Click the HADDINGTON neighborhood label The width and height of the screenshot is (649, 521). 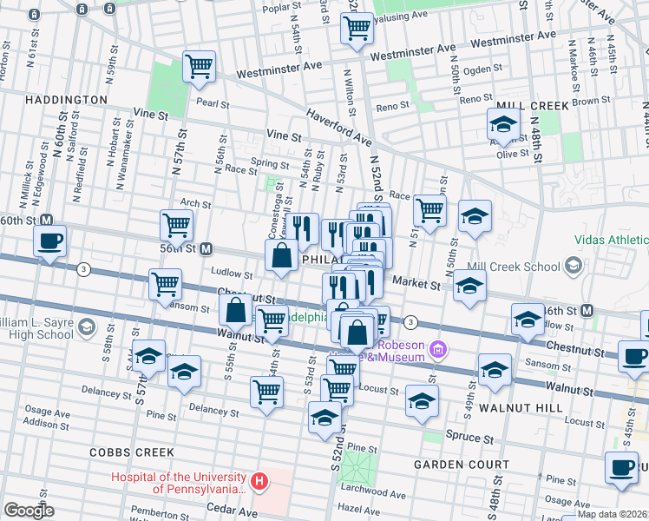[x=54, y=100]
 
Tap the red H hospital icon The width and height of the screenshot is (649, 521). [x=258, y=480]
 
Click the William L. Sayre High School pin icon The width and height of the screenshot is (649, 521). [x=85, y=326]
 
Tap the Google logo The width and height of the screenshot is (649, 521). [x=29, y=510]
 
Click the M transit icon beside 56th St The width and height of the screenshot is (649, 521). [x=207, y=248]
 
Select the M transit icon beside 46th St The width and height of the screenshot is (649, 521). [x=587, y=310]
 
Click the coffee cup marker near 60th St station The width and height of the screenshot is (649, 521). [x=49, y=241]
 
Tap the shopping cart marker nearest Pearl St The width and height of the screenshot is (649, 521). [x=200, y=67]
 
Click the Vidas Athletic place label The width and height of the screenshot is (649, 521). [x=610, y=240]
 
